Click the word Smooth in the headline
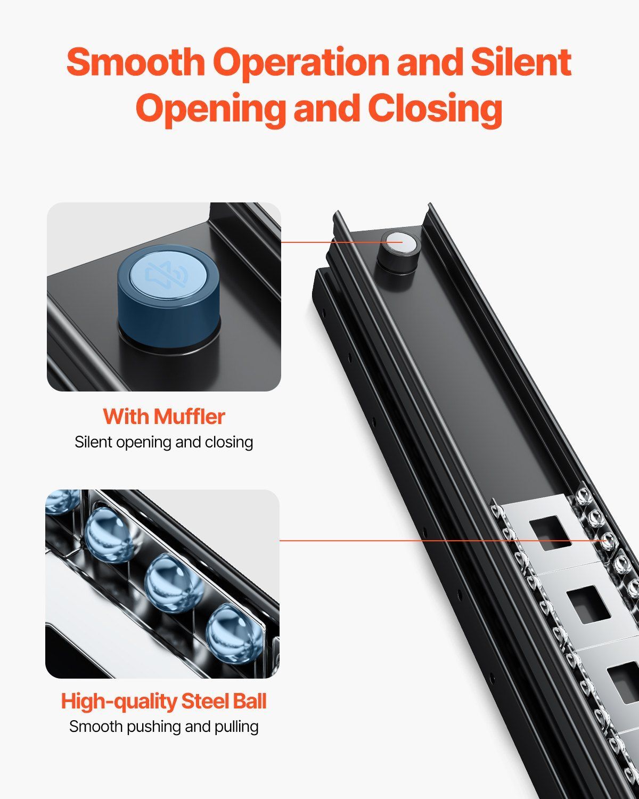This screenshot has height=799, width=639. click(x=136, y=62)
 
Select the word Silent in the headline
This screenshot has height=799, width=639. click(x=521, y=61)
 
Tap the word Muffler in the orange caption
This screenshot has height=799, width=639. click(x=190, y=416)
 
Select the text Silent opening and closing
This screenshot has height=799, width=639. click(x=163, y=442)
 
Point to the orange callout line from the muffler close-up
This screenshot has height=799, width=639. click(x=341, y=242)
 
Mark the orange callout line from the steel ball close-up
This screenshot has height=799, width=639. click(x=444, y=540)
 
